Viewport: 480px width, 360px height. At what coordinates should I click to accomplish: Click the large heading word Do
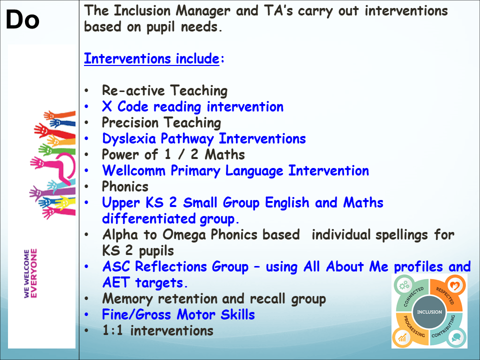tap(22, 19)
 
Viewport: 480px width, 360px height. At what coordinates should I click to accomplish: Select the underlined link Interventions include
tap(152, 58)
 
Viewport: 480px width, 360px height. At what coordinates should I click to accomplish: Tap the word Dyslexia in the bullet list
tap(129, 138)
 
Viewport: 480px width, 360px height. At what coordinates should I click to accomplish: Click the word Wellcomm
tap(134, 170)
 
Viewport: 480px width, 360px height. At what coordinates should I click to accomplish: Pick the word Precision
tap(130, 122)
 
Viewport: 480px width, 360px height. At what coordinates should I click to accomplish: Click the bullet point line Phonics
tap(125, 186)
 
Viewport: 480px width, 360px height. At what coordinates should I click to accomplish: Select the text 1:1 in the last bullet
tap(112, 330)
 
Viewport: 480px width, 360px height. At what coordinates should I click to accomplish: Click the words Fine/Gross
tap(136, 314)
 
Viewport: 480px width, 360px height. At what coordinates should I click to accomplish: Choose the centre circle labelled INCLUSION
tap(429, 312)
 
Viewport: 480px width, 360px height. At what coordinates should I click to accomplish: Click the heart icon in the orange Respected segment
tap(454, 285)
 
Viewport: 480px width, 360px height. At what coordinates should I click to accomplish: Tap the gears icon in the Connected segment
tap(404, 285)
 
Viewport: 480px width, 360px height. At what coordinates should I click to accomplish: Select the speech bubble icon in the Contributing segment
tap(455, 337)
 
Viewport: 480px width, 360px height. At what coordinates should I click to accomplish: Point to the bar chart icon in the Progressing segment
tap(402, 337)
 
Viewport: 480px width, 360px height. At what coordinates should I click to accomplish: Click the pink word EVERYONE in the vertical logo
tap(33, 273)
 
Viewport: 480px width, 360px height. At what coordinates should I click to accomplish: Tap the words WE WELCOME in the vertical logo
tap(26, 273)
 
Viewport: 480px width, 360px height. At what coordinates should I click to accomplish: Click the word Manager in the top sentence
tap(203, 11)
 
